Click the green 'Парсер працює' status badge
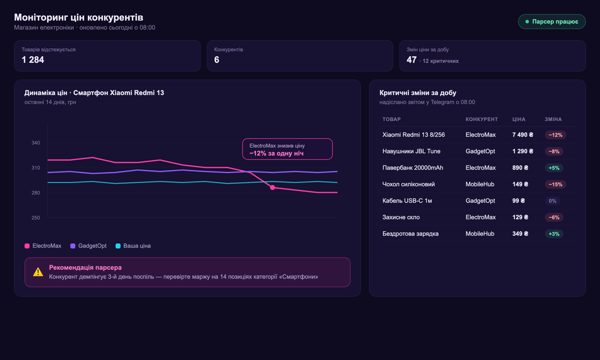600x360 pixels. coord(552,22)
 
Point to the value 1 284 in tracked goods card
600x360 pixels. coord(33,60)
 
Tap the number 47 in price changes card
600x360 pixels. coord(411,60)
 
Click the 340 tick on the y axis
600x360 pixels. coord(36,143)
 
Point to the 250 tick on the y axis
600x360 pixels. coord(36,218)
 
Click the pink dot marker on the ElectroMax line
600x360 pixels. coord(273,188)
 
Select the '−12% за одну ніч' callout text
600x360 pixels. coord(276,153)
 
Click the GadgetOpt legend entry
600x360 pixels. coord(88,246)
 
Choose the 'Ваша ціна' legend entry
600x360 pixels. coord(133,246)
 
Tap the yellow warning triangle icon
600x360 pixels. coord(38,272)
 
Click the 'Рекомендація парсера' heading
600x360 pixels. coord(85,267)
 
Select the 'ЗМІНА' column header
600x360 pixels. coord(553,119)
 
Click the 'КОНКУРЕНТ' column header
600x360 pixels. coord(482,119)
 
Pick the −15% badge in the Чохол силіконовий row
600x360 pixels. coord(555,184)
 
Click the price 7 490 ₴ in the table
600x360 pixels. coord(522,135)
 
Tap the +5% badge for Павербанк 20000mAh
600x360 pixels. coord(554,168)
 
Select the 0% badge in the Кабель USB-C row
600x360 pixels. coord(552,201)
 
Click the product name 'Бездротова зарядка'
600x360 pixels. coord(411,234)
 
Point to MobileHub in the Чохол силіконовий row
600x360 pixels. coord(480,184)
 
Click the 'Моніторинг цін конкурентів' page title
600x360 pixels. coord(78,18)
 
